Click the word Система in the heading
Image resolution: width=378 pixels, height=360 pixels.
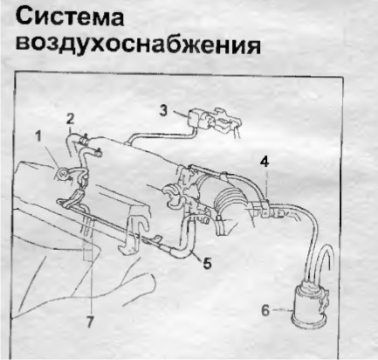[70, 17]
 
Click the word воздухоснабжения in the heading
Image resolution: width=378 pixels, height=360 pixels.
[138, 45]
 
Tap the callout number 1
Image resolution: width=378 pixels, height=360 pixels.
[38, 136]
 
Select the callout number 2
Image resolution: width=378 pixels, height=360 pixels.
[70, 119]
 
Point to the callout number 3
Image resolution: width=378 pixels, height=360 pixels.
[164, 111]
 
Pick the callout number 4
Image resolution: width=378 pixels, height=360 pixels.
[265, 162]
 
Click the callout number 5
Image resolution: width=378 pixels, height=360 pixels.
[207, 264]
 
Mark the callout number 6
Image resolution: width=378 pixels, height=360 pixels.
[265, 310]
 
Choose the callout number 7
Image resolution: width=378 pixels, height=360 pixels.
[90, 322]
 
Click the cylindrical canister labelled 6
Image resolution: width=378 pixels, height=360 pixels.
[309, 304]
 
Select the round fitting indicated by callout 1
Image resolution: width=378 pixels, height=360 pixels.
[63, 174]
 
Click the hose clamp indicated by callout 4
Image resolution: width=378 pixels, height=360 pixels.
[265, 209]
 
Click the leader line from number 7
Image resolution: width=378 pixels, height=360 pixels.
[91, 268]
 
